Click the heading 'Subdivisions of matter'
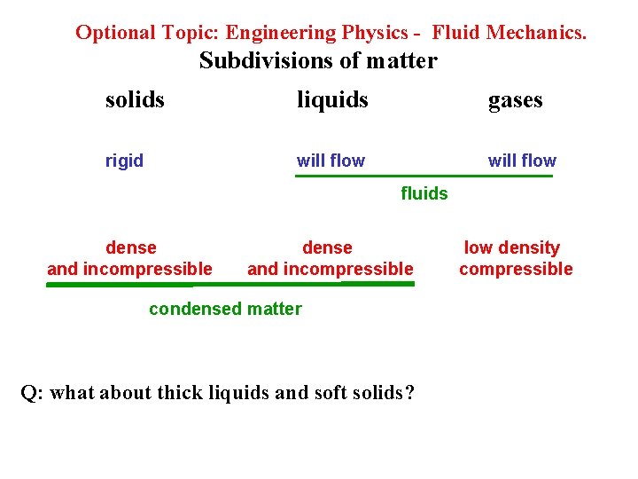point(318,61)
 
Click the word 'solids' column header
point(135,100)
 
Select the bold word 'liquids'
point(332,100)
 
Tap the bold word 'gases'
point(515,100)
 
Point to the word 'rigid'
point(124,161)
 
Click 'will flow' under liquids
point(331,161)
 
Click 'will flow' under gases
point(522,161)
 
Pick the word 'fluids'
point(424,192)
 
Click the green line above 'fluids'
point(424,177)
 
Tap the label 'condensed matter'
point(225,309)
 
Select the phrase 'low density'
point(512,248)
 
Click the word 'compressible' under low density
point(516,270)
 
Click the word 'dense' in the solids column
point(130,248)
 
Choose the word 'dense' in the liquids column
point(327,248)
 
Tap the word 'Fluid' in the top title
point(455,33)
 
